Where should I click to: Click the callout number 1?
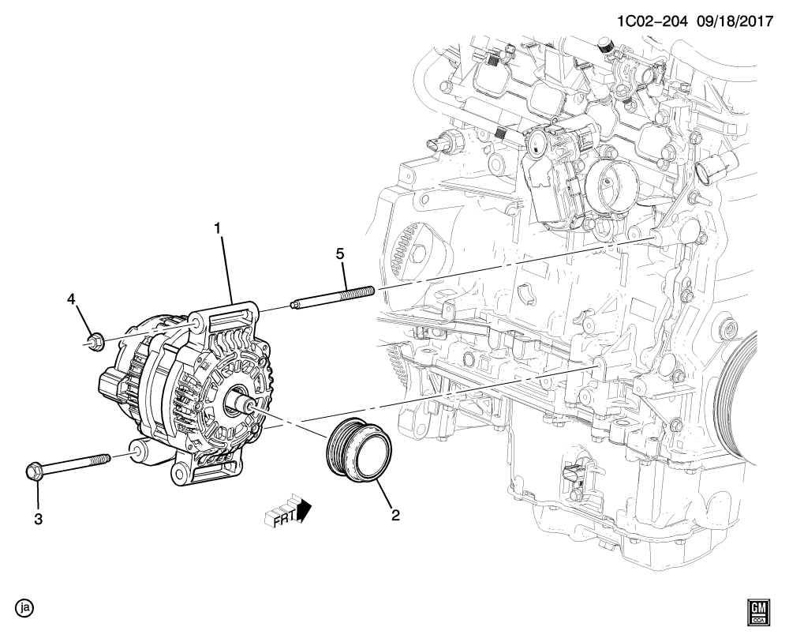(x=218, y=229)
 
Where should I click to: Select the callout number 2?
(x=395, y=516)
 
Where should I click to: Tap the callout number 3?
(x=37, y=520)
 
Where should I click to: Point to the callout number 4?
(x=70, y=300)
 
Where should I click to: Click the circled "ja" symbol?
(x=26, y=608)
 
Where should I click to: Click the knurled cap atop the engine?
(x=605, y=47)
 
